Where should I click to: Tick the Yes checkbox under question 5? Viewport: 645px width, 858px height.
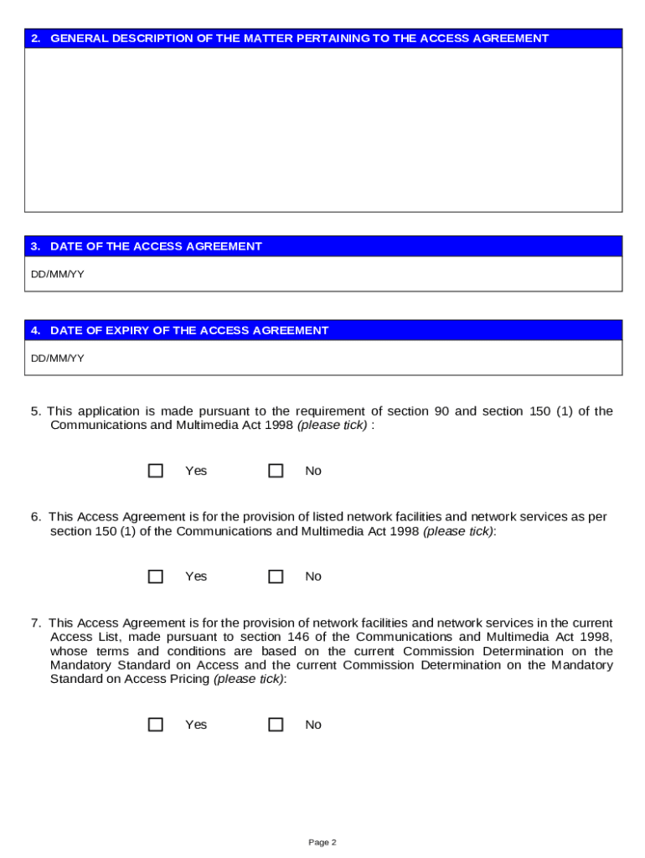[x=155, y=471]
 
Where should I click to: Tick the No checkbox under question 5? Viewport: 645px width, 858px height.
[x=276, y=471]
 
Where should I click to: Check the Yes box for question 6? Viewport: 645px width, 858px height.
[x=155, y=576]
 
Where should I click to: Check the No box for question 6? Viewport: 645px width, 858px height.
[x=276, y=576]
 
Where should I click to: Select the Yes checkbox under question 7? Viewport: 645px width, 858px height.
[x=155, y=725]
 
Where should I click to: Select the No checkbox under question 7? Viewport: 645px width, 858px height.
[x=276, y=725]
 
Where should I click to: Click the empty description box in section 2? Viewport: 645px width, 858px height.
[x=322, y=129]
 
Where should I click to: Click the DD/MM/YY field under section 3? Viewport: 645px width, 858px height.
[x=322, y=274]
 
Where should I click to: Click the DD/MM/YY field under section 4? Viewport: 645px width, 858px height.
[x=322, y=358]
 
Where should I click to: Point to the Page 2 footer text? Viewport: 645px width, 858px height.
[x=322, y=842]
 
